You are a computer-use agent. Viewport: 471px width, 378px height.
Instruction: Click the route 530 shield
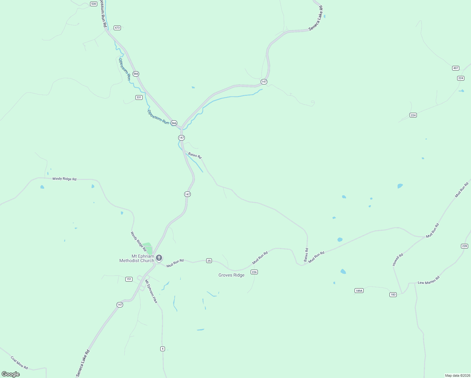(x=94, y=4)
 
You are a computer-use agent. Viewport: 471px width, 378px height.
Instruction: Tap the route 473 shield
(x=117, y=28)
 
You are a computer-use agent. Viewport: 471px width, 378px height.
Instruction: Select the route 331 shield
(x=139, y=97)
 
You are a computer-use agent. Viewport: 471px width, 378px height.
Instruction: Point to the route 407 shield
(x=456, y=68)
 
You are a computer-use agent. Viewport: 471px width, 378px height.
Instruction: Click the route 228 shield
(x=464, y=246)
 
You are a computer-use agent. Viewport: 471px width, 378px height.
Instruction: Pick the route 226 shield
(x=254, y=272)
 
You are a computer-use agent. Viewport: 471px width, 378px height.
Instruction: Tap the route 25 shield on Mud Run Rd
(x=209, y=261)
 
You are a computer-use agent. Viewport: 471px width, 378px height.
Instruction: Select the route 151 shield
(x=129, y=279)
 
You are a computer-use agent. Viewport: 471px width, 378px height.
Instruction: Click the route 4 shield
(x=162, y=348)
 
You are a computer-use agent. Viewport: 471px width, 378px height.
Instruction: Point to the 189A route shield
(x=359, y=290)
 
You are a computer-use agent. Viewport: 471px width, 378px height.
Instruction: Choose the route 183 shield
(x=393, y=295)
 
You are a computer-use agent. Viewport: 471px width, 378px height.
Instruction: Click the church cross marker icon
(x=159, y=258)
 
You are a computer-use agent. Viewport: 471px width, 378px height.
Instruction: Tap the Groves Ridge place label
(x=231, y=275)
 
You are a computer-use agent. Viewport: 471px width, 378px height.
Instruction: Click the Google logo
(x=11, y=374)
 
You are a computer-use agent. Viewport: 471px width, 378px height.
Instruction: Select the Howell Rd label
(x=398, y=260)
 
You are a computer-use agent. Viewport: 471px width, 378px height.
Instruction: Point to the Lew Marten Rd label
(x=428, y=280)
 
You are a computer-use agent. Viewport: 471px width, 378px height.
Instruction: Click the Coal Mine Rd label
(x=19, y=363)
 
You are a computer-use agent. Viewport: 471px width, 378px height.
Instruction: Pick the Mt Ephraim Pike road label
(x=151, y=291)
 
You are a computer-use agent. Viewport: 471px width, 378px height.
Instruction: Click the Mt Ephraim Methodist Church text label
(x=137, y=258)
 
